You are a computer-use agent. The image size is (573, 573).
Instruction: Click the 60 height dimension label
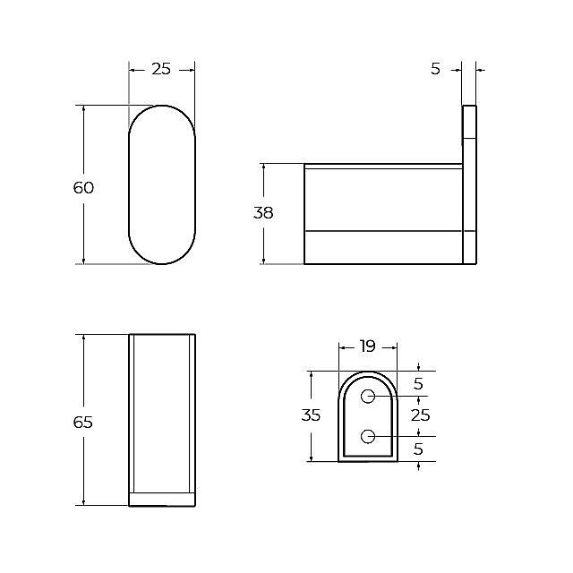coord(83,188)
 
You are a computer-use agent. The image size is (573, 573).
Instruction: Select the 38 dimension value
coord(263,213)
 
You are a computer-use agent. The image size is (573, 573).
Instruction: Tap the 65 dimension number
coord(83,422)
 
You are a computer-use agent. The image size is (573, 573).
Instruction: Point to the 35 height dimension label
coord(311,415)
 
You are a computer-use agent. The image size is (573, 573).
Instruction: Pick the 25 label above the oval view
coord(161,69)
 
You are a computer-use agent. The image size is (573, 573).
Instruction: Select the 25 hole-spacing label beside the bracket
coord(420,415)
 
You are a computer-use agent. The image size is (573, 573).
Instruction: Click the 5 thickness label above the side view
coord(436,69)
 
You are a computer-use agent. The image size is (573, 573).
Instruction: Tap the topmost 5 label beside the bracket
coord(419,384)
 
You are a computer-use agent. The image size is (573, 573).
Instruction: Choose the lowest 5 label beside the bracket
coord(419,449)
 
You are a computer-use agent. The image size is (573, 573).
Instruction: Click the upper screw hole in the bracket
coord(368,397)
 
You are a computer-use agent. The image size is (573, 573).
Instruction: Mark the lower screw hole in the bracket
coord(368,436)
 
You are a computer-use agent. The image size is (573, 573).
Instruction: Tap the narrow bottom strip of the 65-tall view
coord(162,499)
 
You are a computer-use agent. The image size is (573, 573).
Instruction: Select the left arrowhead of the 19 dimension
coord(342,346)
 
